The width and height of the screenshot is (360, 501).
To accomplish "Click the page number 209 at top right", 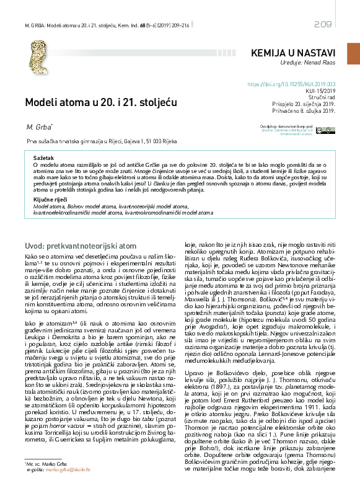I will pyautogui.click(x=323, y=24).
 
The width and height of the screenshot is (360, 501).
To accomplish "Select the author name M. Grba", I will pyautogui.click(x=38, y=127).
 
